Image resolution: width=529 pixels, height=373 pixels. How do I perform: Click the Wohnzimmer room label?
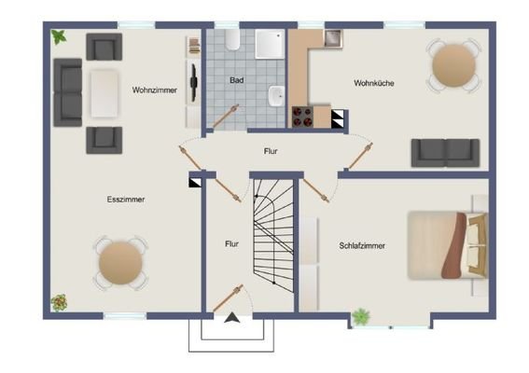pyautogui.click(x=155, y=90)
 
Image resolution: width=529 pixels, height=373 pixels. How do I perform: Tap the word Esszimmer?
pyautogui.click(x=126, y=200)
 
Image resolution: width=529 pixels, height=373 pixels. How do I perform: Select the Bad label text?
pyautogui.click(x=238, y=81)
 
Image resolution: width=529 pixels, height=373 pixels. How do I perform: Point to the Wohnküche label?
pyautogui.click(x=373, y=83)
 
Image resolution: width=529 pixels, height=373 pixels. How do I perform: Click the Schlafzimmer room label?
pyautogui.click(x=363, y=246)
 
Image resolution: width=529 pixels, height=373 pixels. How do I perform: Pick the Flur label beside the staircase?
pyautogui.click(x=231, y=244)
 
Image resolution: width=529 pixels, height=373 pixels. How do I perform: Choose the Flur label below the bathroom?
pyautogui.click(x=271, y=150)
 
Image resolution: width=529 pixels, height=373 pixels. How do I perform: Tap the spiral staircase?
pyautogui.click(x=273, y=233)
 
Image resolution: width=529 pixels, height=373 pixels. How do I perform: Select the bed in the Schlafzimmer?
pyautogui.click(x=446, y=245)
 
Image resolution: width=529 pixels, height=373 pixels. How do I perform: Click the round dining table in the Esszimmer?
pyautogui.click(x=118, y=262)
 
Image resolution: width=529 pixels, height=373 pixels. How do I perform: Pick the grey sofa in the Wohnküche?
pyautogui.click(x=445, y=151)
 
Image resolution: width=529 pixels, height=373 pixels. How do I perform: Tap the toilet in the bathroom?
pyautogui.click(x=230, y=40)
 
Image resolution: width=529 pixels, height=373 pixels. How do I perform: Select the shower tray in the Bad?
pyautogui.click(x=270, y=43)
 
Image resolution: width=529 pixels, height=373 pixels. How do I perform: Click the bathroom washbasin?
pyautogui.click(x=276, y=95)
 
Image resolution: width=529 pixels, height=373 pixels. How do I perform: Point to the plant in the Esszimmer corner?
pyautogui.click(x=60, y=302)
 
